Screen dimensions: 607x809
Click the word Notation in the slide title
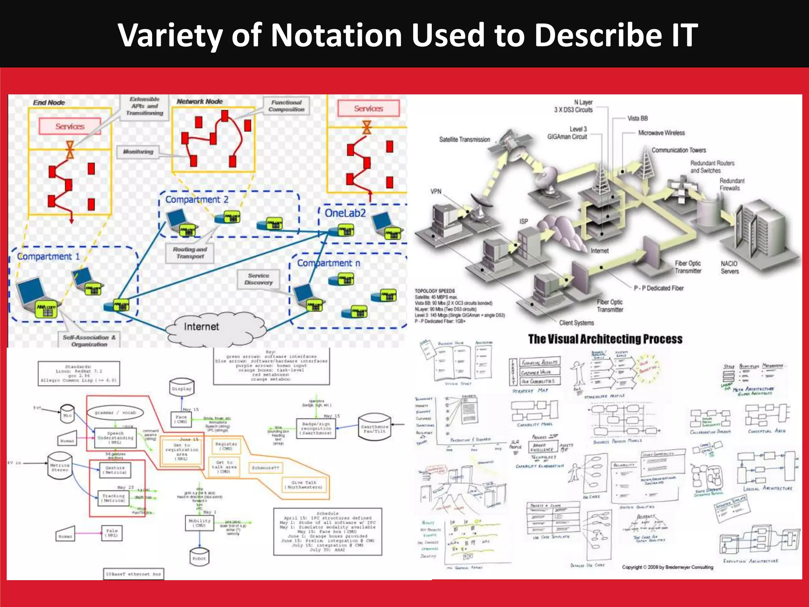337,36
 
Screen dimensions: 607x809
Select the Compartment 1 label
48,256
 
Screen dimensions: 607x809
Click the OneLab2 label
345,213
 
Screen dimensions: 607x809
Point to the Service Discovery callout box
258,279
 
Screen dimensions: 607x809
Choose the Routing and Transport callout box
190,253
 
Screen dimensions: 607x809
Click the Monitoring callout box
138,152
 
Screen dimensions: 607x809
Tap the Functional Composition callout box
286,106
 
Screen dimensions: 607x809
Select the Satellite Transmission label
464,139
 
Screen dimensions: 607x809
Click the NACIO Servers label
729,267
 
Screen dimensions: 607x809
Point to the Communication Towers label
678,150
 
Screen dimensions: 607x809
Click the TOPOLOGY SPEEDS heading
435,291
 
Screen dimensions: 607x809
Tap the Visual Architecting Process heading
605,339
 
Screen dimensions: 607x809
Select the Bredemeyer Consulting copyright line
668,567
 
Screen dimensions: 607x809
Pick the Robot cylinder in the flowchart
199,557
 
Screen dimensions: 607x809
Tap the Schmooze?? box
265,468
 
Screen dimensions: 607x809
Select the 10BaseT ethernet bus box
134,574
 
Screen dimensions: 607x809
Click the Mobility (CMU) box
200,523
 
